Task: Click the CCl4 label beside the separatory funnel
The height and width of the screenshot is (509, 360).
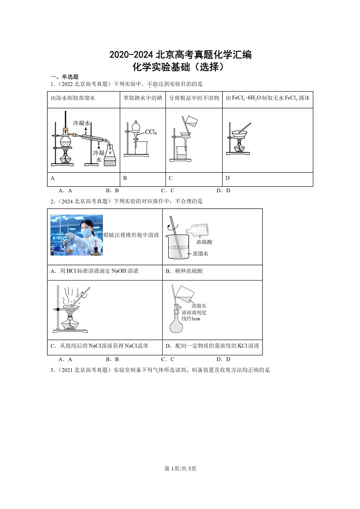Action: [151, 132]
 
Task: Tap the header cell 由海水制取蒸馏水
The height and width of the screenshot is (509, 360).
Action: [73, 98]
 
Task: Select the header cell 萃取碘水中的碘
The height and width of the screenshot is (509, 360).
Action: [143, 98]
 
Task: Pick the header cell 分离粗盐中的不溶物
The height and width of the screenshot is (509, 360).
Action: [194, 98]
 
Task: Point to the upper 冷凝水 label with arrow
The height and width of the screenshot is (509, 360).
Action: [82, 123]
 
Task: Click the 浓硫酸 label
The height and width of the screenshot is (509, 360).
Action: [205, 242]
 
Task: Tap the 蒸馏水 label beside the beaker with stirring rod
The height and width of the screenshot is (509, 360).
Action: [200, 254]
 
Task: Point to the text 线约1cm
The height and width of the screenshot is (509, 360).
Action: [191, 319]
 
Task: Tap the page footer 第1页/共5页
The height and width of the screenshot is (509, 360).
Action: [180, 468]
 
